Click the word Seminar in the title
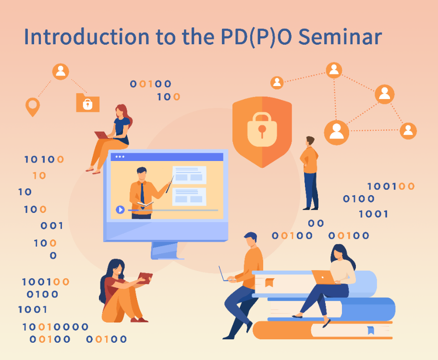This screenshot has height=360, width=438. pyautogui.click(x=340, y=37)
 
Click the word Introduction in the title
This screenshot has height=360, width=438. pyautogui.click(x=87, y=37)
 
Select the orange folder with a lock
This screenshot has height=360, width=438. pyautogui.click(x=88, y=102)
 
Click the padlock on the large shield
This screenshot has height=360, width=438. pyautogui.click(x=262, y=129)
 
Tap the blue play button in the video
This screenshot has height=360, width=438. pyautogui.click(x=120, y=210)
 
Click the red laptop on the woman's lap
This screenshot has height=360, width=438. pyautogui.click(x=102, y=135)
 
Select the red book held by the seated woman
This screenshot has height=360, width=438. pyautogui.click(x=145, y=278)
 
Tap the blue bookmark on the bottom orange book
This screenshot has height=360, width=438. pyautogui.click(x=371, y=330)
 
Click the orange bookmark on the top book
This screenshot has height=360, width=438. pyautogui.click(x=269, y=283)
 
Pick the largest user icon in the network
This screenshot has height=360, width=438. pyautogui.click(x=337, y=133)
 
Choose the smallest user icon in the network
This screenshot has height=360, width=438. pyautogui.click(x=277, y=83)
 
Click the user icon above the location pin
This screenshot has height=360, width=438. pyautogui.click(x=61, y=72)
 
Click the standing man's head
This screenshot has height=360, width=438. pyautogui.click(x=310, y=141)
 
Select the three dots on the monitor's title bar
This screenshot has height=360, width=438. pyautogui.click(x=120, y=157)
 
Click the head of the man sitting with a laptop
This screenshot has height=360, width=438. pyautogui.click(x=251, y=240)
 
